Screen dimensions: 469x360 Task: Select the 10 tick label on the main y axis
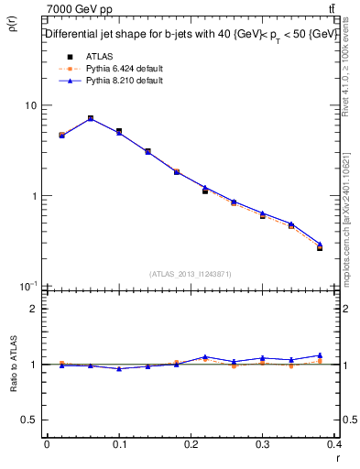31,105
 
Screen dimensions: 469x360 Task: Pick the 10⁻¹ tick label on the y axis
27,286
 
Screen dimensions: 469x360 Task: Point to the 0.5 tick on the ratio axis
31,420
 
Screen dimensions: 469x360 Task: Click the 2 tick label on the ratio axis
35,309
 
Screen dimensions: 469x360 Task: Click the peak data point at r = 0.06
90,118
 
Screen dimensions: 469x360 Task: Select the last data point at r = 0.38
320,247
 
